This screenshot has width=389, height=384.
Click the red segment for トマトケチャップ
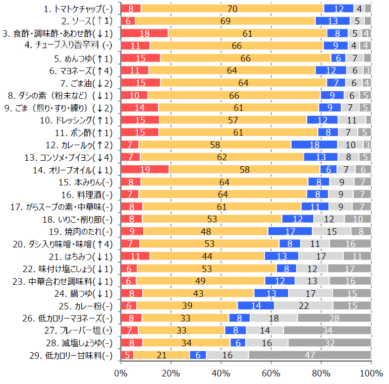pos(131,9)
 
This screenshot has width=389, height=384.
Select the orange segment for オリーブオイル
pos(245,169)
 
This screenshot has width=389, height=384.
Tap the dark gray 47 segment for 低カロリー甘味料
pos(310,355)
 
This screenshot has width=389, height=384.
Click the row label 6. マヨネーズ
pos(81,71)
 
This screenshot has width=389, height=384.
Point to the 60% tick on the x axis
pos(271,373)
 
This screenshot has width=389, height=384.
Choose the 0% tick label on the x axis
pos(121,373)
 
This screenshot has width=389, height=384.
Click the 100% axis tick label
pos(371,373)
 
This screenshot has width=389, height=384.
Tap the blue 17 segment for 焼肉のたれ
pos(290,231)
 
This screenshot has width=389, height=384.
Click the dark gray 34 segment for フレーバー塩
pos(327,331)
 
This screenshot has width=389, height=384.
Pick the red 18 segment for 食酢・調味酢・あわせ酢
pos(144,33)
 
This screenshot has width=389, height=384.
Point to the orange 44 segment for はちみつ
pos(207,256)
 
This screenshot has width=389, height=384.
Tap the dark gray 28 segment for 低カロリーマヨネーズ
pos(334,318)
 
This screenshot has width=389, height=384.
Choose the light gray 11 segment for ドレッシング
pos(352,120)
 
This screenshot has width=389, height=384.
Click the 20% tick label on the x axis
pos(171,373)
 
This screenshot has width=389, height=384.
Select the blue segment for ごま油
pos(336,83)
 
